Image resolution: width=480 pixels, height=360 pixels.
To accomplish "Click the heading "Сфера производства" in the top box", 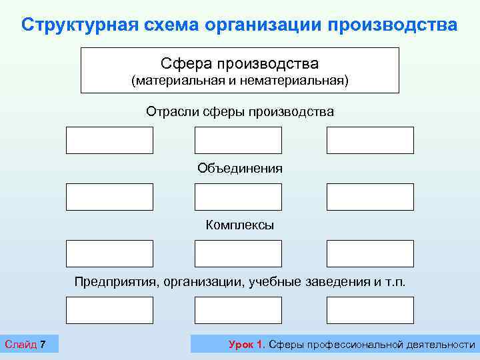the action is click(239, 63).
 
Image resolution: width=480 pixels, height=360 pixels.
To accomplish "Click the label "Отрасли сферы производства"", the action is click(240, 111).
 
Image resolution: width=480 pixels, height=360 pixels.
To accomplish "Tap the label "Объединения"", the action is click(240, 168).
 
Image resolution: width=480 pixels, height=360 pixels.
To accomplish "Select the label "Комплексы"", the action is click(240, 225).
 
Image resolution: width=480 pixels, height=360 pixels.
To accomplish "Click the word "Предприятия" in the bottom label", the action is click(115, 282).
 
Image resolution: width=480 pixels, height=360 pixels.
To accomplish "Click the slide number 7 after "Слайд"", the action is click(43, 345).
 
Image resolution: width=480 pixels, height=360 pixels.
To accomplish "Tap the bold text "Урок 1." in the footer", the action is click(247, 345).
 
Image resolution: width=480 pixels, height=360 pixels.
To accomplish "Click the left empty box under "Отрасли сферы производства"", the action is click(109, 140).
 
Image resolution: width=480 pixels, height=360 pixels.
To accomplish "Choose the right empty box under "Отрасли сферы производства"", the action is click(370, 140).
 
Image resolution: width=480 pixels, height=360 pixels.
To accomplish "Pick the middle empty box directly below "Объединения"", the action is click(238, 197).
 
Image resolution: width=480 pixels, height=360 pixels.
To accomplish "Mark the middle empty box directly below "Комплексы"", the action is click(238, 253).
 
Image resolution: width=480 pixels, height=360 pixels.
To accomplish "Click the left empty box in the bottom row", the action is click(109, 310).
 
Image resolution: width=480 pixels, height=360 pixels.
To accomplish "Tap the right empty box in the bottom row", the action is click(370, 310).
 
